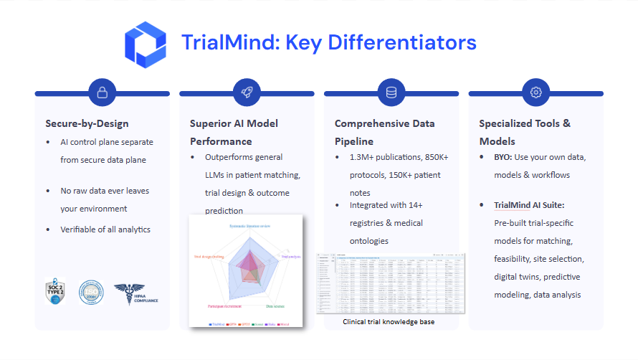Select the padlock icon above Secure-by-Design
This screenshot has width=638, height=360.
click(x=103, y=93)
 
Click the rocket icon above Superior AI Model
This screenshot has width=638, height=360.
click(x=247, y=93)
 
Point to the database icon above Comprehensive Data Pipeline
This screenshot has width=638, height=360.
click(x=391, y=93)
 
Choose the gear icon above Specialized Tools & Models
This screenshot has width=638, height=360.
click(x=535, y=93)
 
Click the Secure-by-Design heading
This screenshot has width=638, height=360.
click(x=87, y=123)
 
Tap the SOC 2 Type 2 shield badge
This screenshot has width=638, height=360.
click(x=55, y=293)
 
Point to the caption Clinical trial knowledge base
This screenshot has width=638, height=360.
click(x=389, y=322)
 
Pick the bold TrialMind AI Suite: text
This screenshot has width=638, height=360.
click(x=530, y=205)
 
